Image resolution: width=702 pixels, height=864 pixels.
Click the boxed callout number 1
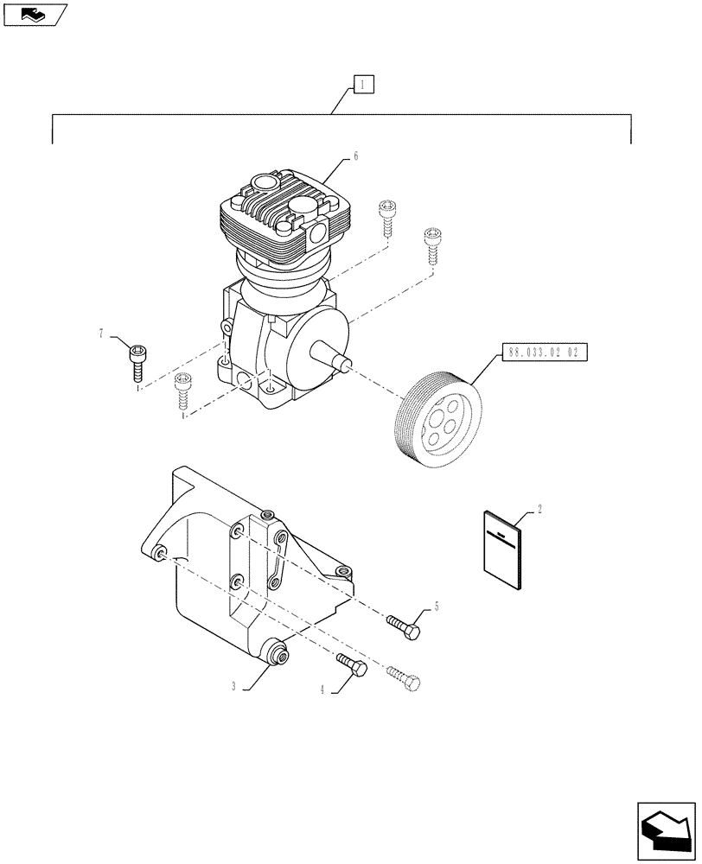pos(362,84)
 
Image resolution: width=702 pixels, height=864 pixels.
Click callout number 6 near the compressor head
pos(355,156)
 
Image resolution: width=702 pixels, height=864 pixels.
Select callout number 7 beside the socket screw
pos(101,333)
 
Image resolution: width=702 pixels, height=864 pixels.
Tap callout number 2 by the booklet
pos(540,510)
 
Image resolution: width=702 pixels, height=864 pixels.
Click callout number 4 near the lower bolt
pos(322,690)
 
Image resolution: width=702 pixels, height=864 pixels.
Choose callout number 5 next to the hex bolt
pos(437,607)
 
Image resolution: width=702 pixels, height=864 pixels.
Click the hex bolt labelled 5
pos(404,626)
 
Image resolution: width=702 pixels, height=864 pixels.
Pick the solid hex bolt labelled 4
pos(351,665)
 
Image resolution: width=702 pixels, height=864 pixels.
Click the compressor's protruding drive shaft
pos(333,356)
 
